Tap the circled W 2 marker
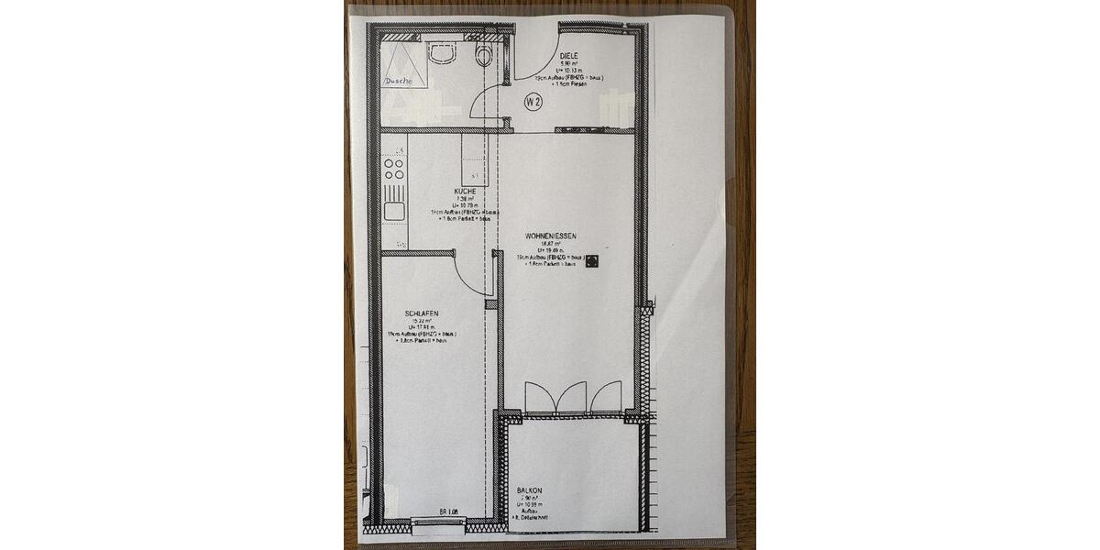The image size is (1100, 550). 533,103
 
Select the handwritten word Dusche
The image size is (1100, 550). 399,82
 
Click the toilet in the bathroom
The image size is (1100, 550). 484,54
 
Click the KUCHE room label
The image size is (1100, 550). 464,192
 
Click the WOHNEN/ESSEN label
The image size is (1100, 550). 550,236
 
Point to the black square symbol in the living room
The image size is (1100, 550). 593,261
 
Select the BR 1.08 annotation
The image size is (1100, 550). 448,511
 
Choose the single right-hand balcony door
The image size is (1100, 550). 607,397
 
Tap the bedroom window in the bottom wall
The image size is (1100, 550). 438,523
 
